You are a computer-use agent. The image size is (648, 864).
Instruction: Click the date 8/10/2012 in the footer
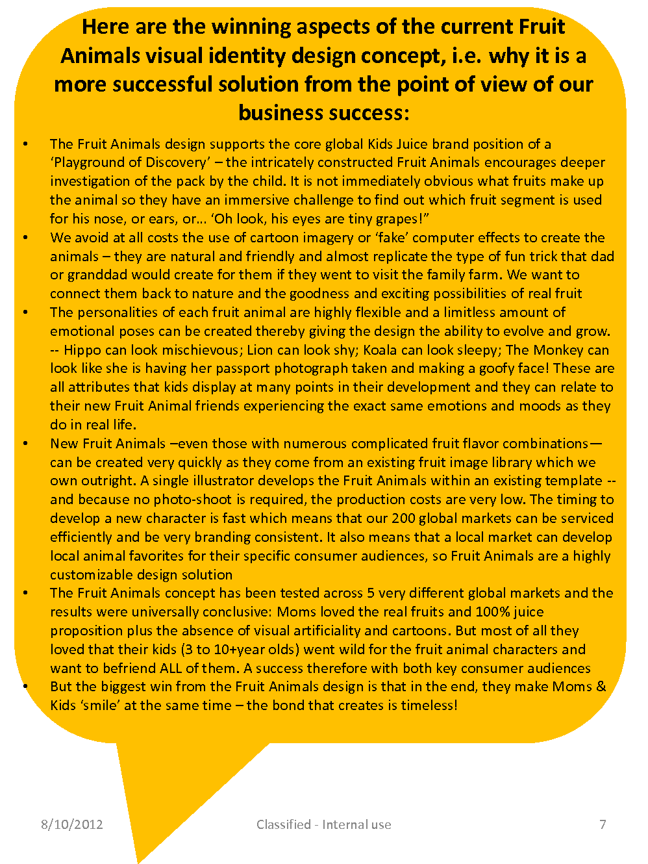pos(71,824)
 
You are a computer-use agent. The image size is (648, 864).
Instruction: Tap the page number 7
pos(603,824)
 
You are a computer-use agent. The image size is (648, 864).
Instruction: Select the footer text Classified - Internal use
pos(323,824)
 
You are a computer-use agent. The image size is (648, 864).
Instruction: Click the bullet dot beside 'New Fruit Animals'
pos(25,444)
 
